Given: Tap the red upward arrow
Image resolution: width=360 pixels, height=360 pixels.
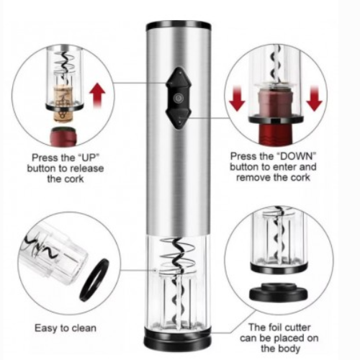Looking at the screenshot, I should (98, 94).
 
